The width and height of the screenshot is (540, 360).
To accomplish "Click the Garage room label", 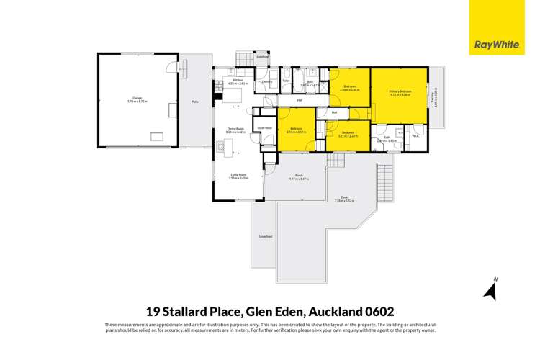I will pos(137,99).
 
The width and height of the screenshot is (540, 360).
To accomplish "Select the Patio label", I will pos(194,102).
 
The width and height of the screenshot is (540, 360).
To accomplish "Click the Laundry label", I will pos(266,81).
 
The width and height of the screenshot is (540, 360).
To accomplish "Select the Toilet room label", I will pos(286,81).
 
